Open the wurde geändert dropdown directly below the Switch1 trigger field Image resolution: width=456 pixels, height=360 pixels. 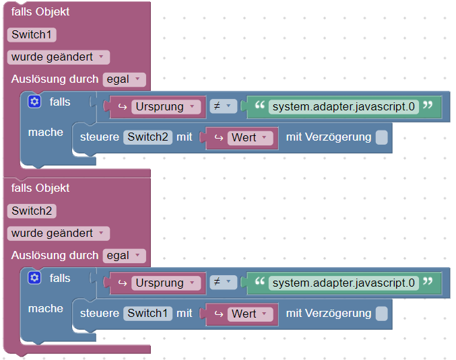tap(58, 57)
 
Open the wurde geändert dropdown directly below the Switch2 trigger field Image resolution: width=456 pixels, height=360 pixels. tap(58, 233)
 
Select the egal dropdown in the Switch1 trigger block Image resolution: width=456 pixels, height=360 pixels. tap(124, 79)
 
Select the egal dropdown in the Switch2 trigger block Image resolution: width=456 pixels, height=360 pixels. tap(124, 256)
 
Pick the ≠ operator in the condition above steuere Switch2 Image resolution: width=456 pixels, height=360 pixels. tap(222, 106)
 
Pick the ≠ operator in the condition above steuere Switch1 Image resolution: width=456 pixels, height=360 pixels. tap(222, 283)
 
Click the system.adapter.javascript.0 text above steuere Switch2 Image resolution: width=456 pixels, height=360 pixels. tap(344, 106)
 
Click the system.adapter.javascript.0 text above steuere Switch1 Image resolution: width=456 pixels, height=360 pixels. tap(344, 283)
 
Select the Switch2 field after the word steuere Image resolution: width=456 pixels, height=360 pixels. tap(148, 137)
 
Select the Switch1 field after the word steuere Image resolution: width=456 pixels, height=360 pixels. tap(148, 314)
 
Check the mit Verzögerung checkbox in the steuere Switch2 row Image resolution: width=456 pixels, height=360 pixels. tap(381, 137)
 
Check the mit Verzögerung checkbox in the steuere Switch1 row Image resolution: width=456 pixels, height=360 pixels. tap(381, 314)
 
